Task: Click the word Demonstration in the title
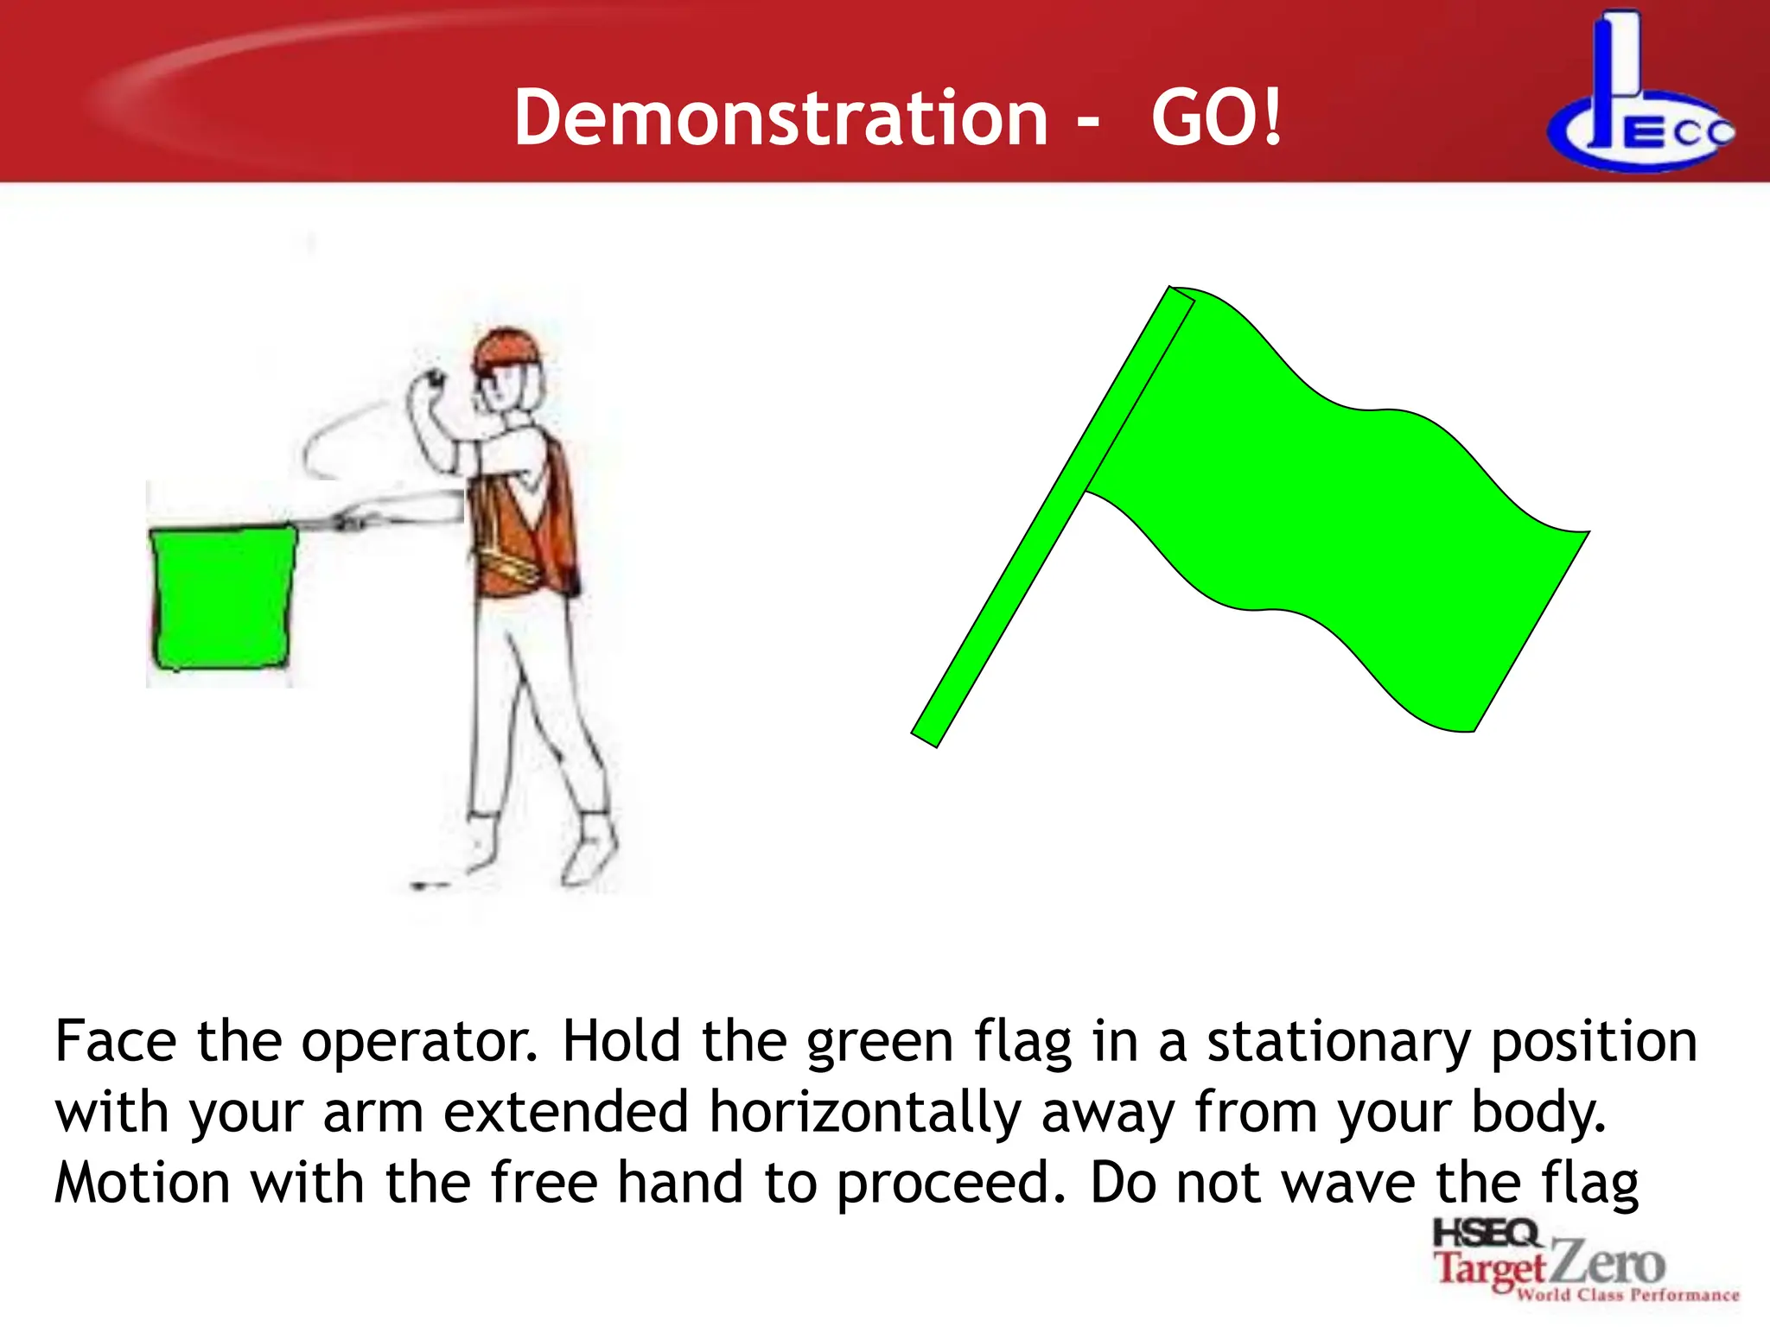(x=780, y=118)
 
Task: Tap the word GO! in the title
(x=1216, y=118)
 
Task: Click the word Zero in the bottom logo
(x=1608, y=1265)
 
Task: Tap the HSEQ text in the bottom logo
(x=1485, y=1234)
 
